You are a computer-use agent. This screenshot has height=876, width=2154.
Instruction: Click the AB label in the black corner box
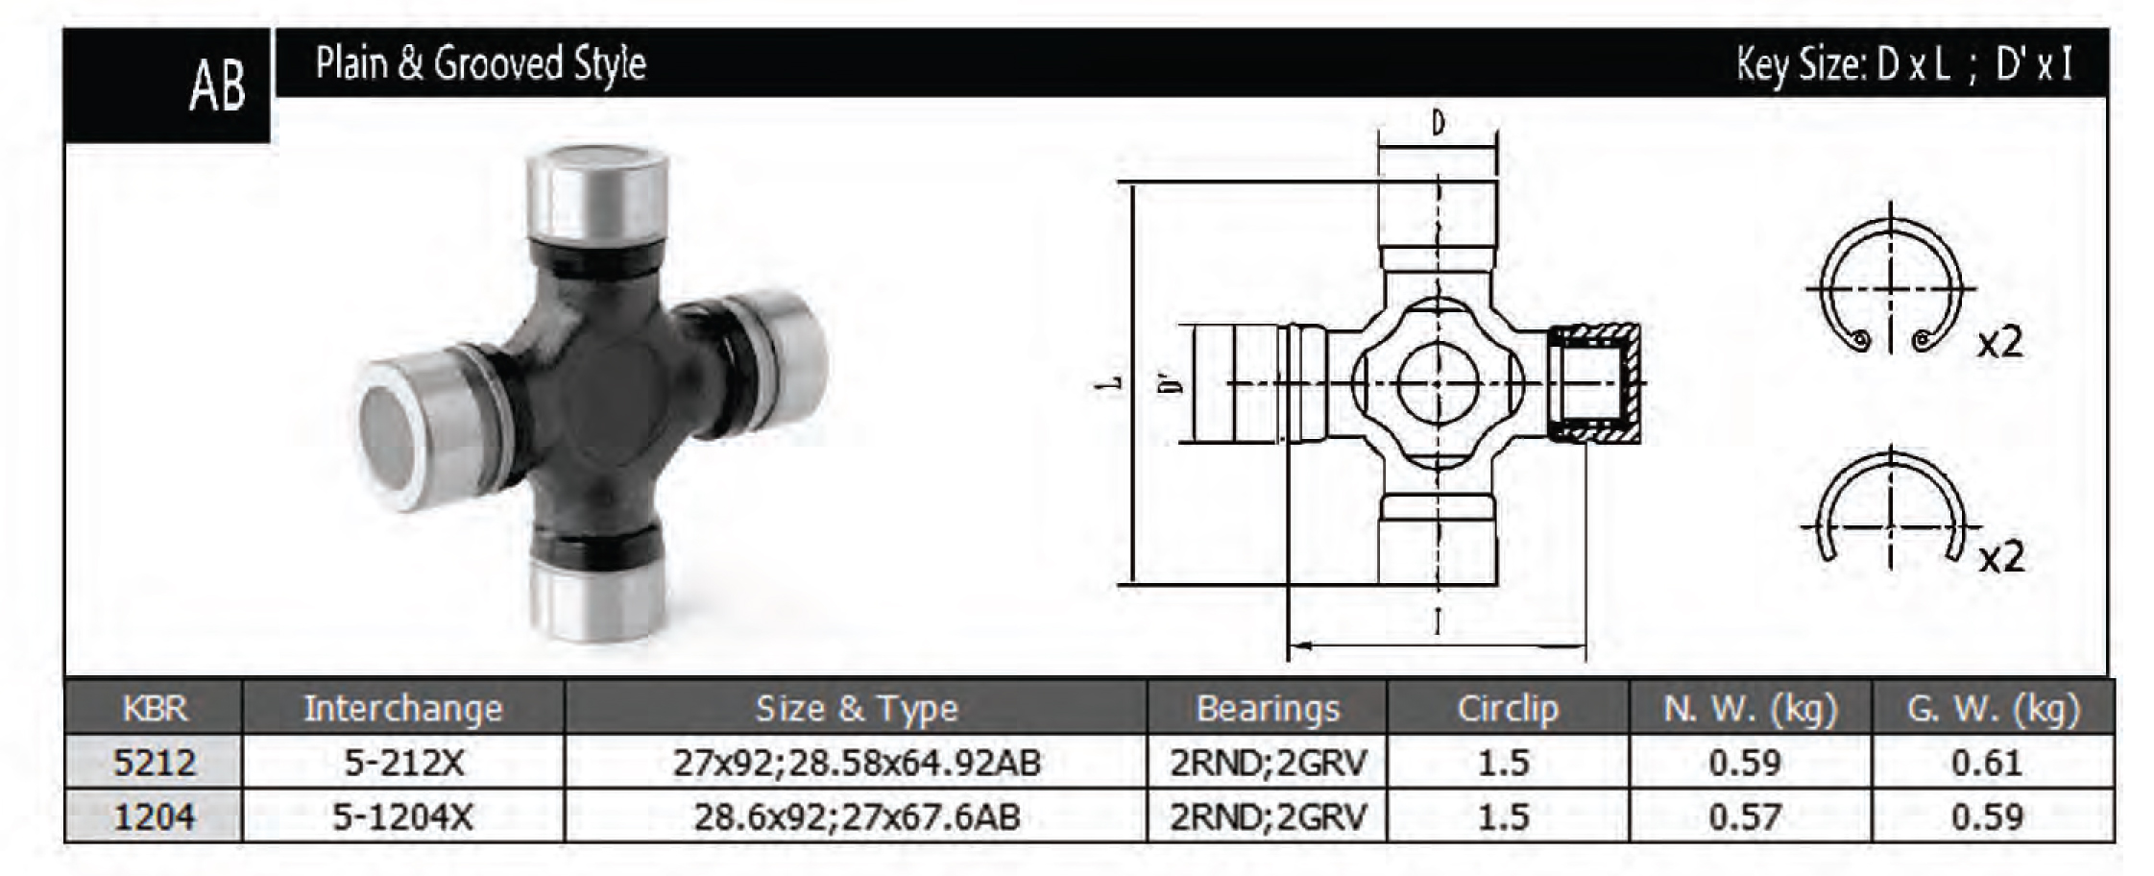point(217,85)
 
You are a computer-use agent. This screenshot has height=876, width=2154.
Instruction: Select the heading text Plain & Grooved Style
point(480,63)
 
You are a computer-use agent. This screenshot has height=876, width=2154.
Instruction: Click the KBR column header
point(155,708)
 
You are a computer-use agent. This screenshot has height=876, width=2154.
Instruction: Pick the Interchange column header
point(403,708)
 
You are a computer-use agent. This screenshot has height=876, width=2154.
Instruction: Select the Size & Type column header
point(857,708)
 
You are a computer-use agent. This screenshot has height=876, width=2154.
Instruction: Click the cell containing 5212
point(155,763)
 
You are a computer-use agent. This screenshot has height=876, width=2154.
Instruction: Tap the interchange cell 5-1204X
point(403,816)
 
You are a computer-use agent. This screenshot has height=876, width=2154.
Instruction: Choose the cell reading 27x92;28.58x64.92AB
point(857,763)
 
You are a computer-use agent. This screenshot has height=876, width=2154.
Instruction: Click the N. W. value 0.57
point(1745,816)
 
